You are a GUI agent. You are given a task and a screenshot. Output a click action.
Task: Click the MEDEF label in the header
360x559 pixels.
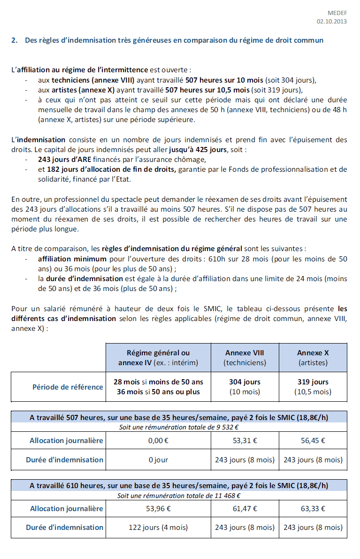click(x=338, y=13)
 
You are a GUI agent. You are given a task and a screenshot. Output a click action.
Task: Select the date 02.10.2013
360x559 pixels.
click(x=332, y=22)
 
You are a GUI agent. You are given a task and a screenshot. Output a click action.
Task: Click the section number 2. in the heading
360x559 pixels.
click(x=14, y=40)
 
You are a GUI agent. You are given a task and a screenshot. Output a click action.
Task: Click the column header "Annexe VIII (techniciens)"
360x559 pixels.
click(x=245, y=358)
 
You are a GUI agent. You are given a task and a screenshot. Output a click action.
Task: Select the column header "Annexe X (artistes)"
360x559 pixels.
click(x=313, y=358)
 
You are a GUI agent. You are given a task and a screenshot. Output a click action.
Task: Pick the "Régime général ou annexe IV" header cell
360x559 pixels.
click(x=158, y=358)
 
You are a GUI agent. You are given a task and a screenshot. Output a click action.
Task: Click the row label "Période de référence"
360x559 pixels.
click(x=68, y=387)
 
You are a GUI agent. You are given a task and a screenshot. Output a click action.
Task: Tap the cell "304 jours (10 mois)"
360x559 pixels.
click(x=245, y=387)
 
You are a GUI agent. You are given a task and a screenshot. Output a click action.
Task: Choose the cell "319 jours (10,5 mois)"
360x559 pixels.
click(x=313, y=387)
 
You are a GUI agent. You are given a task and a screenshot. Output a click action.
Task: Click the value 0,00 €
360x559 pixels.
click(x=158, y=441)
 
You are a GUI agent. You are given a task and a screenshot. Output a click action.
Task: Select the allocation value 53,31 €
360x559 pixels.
click(x=245, y=441)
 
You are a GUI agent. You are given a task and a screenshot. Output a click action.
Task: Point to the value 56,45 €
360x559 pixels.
click(x=313, y=441)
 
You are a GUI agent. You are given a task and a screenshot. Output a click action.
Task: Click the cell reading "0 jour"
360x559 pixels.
click(x=158, y=460)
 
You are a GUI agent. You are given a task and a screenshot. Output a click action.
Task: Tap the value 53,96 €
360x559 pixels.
click(x=158, y=508)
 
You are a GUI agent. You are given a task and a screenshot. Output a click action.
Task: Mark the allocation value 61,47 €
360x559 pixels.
click(x=245, y=508)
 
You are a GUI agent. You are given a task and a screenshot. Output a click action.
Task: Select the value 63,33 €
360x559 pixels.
click(x=313, y=508)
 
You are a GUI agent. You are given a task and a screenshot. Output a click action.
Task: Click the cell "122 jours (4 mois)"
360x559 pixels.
click(x=158, y=528)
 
